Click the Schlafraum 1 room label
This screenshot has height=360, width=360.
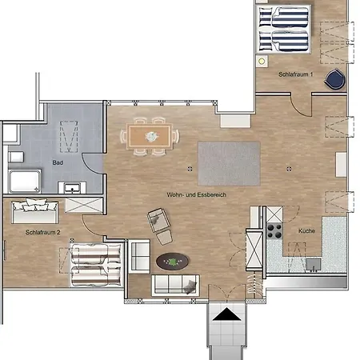(x=295, y=74)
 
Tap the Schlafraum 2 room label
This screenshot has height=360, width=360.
(x=42, y=232)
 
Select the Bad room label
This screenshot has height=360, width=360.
(x=58, y=162)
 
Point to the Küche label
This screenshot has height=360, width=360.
(x=306, y=230)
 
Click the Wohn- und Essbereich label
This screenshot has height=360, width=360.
(x=197, y=194)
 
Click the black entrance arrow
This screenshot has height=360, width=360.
(x=227, y=314)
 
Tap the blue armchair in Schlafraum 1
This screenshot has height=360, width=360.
(x=335, y=79)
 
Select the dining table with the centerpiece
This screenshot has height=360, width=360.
(x=150, y=137)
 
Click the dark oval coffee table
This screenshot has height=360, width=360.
(x=173, y=262)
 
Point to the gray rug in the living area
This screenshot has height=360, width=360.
(x=229, y=163)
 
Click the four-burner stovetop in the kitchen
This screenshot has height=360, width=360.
(x=274, y=231)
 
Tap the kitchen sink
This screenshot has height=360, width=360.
(x=314, y=265)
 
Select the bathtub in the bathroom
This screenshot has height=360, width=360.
(x=25, y=181)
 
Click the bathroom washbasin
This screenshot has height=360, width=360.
(x=72, y=187)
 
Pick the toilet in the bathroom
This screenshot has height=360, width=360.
(x=16, y=157)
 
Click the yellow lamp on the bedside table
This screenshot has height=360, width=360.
(x=262, y=62)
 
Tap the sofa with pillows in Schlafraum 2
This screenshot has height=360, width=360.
(x=34, y=211)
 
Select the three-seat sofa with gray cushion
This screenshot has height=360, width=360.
(x=175, y=286)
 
